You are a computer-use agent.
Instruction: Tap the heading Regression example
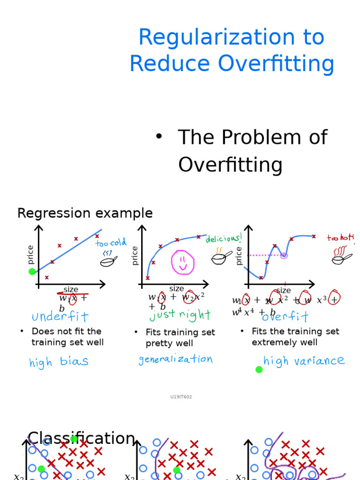pyautogui.click(x=85, y=213)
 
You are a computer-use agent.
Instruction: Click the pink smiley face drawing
pyautogui.click(x=183, y=262)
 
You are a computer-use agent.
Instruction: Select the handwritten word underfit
pyautogui.click(x=60, y=317)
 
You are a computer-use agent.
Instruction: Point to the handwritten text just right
pyautogui.click(x=180, y=315)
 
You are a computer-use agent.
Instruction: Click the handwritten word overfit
pyautogui.click(x=285, y=317)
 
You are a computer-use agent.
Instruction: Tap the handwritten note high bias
pyautogui.click(x=59, y=362)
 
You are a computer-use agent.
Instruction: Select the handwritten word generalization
pyautogui.click(x=175, y=360)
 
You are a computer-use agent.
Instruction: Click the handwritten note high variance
pyautogui.click(x=304, y=360)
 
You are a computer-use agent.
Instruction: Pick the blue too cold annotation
pyautogui.click(x=111, y=243)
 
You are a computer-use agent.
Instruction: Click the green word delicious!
pyautogui.click(x=224, y=239)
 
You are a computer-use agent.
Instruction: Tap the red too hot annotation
pyautogui.click(x=340, y=238)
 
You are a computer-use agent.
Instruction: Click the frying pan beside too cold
pyautogui.click(x=108, y=261)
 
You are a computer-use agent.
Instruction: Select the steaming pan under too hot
pyautogui.click(x=341, y=256)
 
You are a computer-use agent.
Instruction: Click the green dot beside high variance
pyautogui.click(x=259, y=369)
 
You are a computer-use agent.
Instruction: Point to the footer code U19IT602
pyautogui.click(x=181, y=397)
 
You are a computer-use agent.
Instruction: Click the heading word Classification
pyautogui.click(x=82, y=439)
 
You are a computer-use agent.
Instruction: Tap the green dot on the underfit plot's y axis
pyautogui.click(x=32, y=271)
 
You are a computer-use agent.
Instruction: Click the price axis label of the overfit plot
pyautogui.click(x=239, y=255)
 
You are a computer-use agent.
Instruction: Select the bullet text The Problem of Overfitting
pyautogui.click(x=252, y=151)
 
